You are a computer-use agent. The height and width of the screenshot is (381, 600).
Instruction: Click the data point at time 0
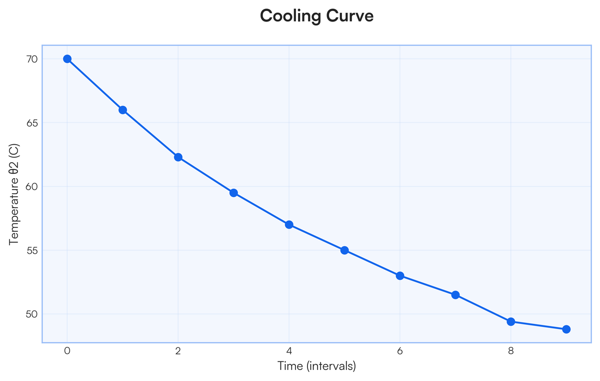[67, 59]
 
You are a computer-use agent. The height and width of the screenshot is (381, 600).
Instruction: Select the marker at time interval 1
[122, 110]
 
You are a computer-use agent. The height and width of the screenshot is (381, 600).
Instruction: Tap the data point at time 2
[178, 157]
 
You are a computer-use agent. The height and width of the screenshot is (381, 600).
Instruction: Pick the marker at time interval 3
[233, 193]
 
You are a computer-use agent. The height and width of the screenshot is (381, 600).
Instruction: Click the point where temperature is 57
[289, 225]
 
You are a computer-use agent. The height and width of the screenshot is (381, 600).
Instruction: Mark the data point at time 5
[344, 250]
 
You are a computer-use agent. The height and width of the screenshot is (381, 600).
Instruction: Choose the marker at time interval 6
[400, 276]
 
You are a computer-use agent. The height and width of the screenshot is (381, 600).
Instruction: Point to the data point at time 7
[455, 295]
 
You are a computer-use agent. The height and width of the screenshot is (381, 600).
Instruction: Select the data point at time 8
[511, 321]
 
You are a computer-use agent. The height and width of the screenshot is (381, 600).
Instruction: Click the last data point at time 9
[566, 329]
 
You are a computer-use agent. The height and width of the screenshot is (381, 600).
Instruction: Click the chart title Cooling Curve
[316, 16]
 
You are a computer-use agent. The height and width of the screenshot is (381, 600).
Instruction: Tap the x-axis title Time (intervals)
[316, 366]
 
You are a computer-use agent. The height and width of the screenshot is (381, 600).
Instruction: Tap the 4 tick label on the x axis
[289, 351]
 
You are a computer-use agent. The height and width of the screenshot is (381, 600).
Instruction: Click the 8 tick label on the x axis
[511, 351]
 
